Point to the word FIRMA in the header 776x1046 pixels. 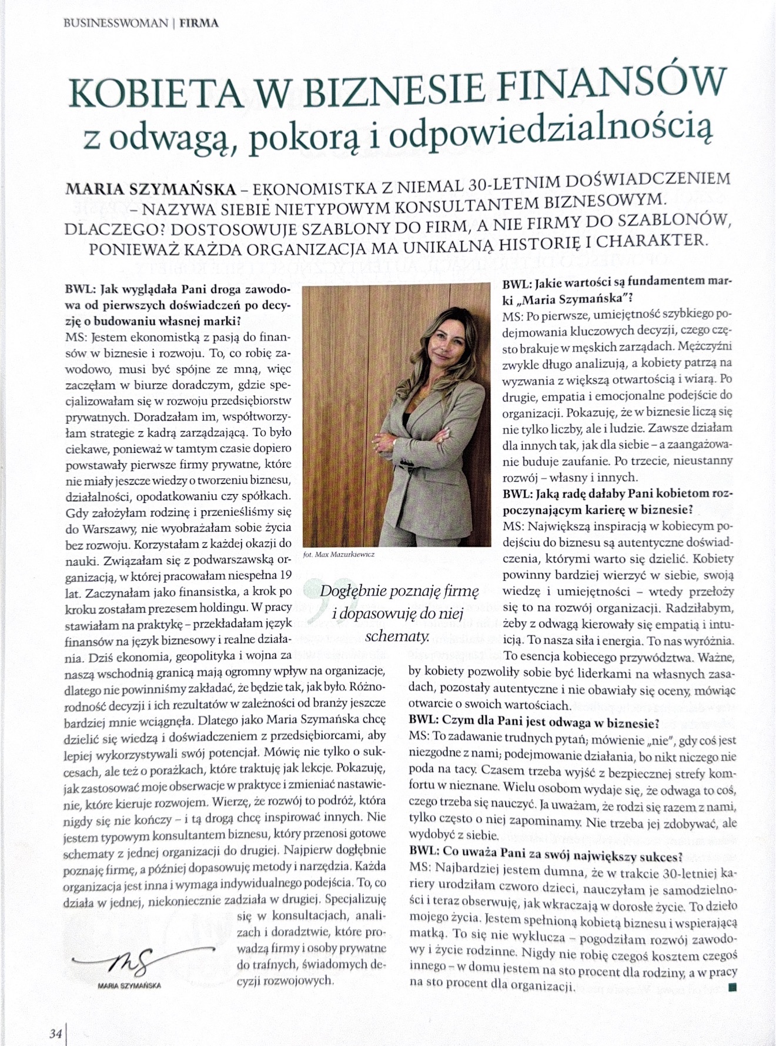pos(200,24)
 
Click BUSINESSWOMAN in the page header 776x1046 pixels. pos(115,24)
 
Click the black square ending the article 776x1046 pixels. pos(732,987)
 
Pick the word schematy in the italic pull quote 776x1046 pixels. pos(397,636)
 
